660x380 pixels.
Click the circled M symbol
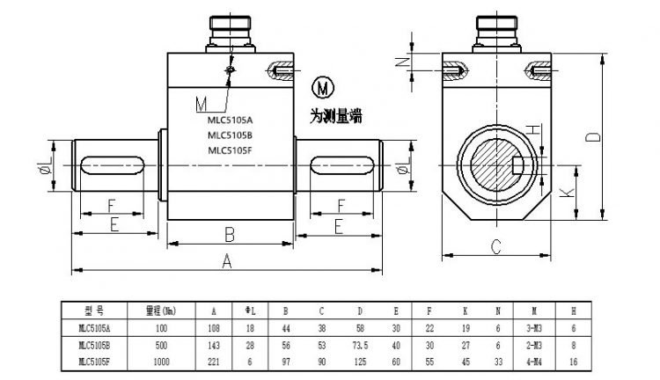point(324,89)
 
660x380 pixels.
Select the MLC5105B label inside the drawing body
point(230,135)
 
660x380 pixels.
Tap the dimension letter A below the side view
point(226,261)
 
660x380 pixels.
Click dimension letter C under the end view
point(495,248)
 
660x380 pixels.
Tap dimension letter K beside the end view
point(565,190)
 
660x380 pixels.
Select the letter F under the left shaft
point(111,206)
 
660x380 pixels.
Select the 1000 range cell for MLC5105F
point(160,361)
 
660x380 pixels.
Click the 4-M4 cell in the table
point(536,361)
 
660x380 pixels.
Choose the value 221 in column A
point(214,361)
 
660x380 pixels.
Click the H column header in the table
point(574,310)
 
